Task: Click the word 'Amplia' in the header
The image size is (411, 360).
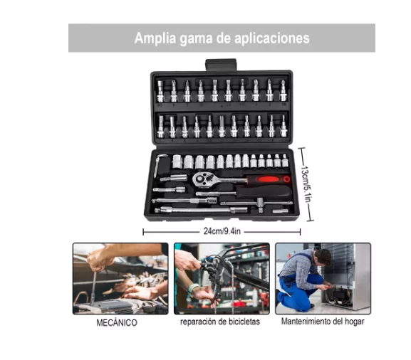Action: (155, 38)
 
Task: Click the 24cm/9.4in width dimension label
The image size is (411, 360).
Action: (222, 231)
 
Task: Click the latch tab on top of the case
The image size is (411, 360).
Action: (222, 65)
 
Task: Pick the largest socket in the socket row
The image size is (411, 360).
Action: (177, 162)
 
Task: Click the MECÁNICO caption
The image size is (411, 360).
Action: (117, 322)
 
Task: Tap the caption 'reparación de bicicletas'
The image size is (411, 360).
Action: (220, 322)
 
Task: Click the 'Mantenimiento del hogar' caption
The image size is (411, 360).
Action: (323, 322)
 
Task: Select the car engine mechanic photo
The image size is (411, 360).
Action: (120, 278)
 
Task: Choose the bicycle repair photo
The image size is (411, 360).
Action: (222, 278)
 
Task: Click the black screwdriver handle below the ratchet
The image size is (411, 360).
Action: (264, 191)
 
